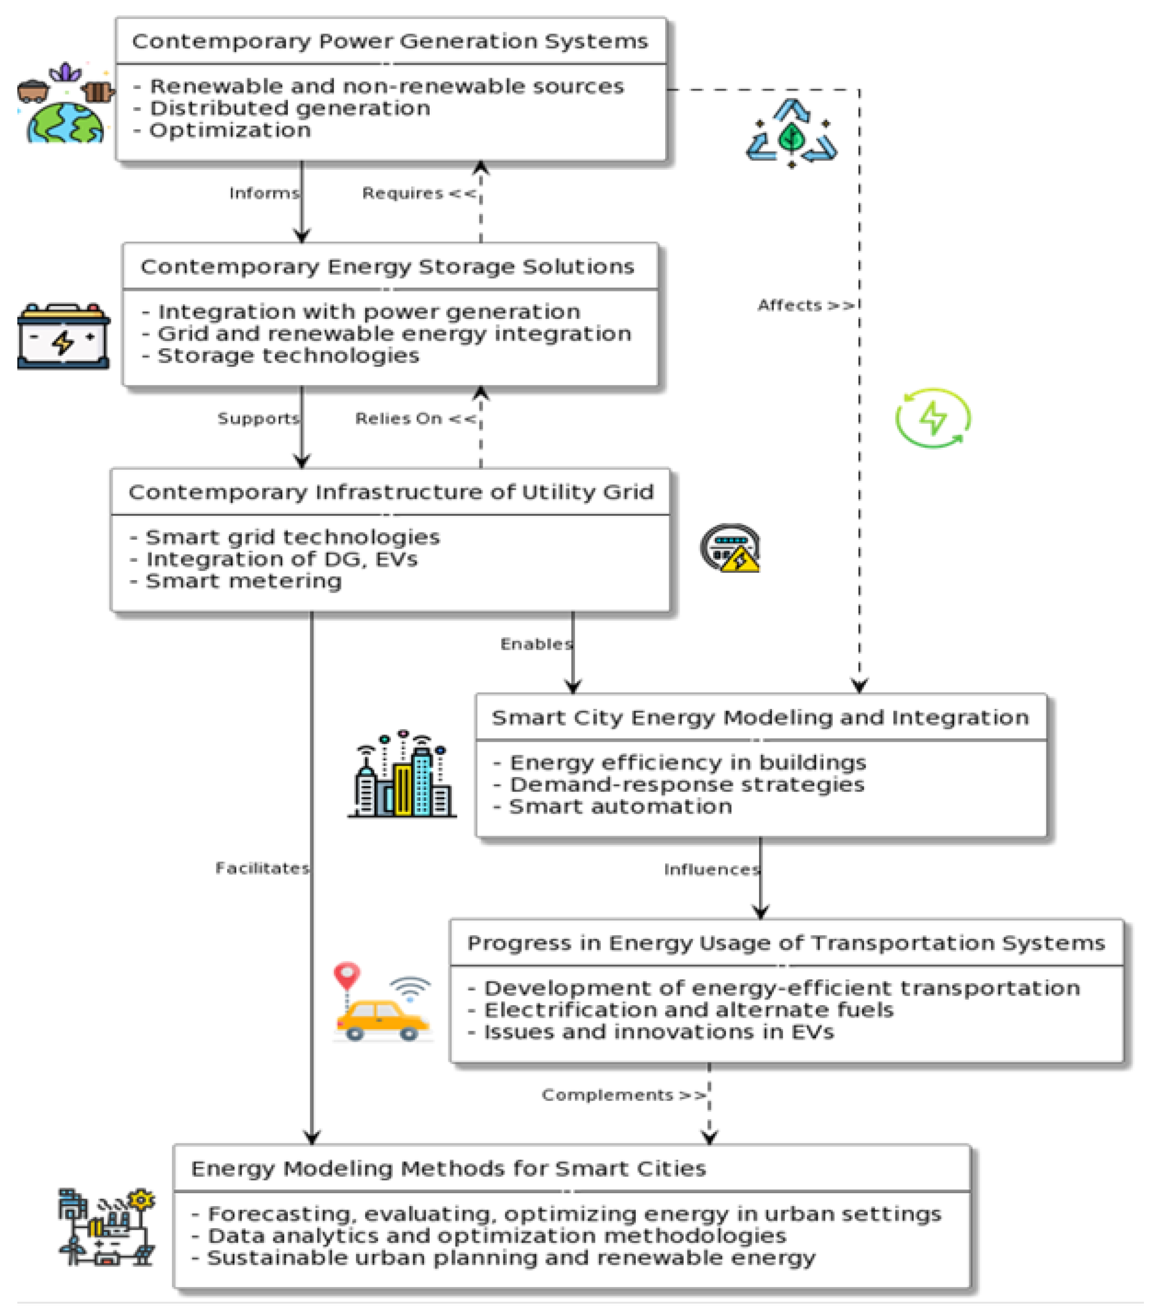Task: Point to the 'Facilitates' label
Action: (x=262, y=868)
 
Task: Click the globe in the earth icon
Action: (x=64, y=124)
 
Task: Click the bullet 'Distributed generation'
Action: (x=289, y=108)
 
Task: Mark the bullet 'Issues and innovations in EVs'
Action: (x=658, y=1033)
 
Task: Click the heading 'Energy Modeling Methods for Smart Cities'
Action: (x=448, y=1168)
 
